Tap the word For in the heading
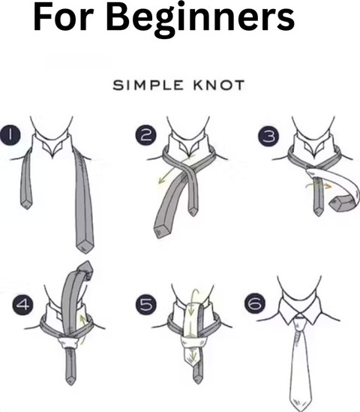click(64, 17)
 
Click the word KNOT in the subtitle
click(219, 86)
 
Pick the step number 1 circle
click(10, 134)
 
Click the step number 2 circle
click(146, 135)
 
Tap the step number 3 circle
click(269, 136)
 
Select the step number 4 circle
click(23, 305)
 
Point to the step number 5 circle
click(146, 305)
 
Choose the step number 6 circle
click(255, 304)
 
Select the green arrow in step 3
click(319, 185)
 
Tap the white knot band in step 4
click(69, 343)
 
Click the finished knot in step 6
click(299, 321)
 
